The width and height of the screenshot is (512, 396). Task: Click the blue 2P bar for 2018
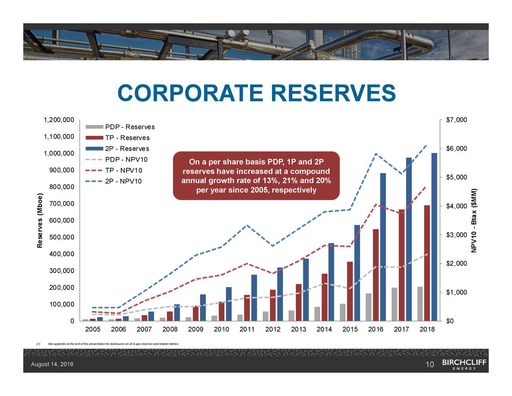coord(434,237)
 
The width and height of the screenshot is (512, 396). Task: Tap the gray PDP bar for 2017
coord(394,304)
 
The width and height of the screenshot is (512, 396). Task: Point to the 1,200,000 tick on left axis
coord(59,120)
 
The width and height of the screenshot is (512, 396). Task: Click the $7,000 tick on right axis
coord(456,120)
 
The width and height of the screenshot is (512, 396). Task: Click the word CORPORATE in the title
coord(190,93)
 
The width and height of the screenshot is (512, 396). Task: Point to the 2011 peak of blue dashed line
coord(248,225)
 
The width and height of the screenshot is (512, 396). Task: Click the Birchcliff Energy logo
coord(464,364)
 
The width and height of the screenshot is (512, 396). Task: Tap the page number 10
coord(430,365)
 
